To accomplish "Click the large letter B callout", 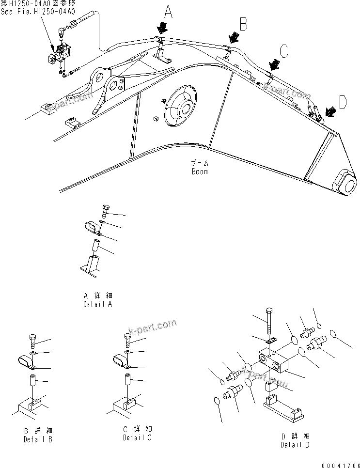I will pyautogui.click(x=244, y=23).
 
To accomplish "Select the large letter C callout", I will pyautogui.click(x=285, y=50).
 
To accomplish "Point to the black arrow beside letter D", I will pyautogui.click(x=331, y=112).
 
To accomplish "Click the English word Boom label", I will pyautogui.click(x=199, y=172).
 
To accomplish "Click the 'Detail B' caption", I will pyautogui.click(x=38, y=439).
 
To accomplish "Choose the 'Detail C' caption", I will pyautogui.click(x=137, y=438).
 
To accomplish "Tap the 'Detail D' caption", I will pyautogui.click(x=295, y=444).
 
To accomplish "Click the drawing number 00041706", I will pyautogui.click(x=339, y=464).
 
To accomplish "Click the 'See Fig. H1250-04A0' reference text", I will pyautogui.click(x=38, y=12).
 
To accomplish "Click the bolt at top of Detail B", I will pyautogui.click(x=32, y=341).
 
